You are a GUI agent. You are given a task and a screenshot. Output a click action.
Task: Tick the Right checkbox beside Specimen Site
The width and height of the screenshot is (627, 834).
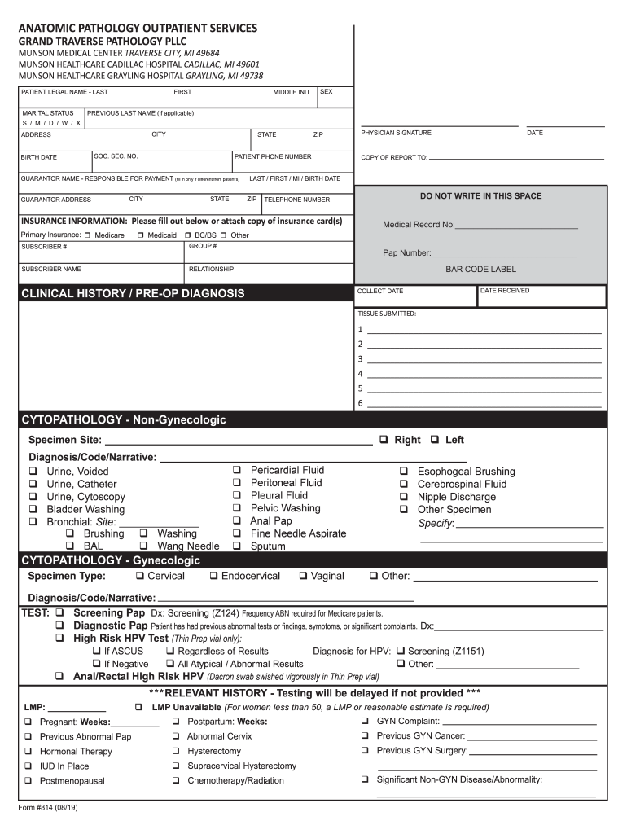384,440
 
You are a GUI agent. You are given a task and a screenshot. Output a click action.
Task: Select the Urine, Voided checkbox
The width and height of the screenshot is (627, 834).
34,472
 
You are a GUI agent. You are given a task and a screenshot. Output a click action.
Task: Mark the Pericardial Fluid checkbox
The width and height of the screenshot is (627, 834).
237,470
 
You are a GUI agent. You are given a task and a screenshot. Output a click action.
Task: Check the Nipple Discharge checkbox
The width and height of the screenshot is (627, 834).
404,497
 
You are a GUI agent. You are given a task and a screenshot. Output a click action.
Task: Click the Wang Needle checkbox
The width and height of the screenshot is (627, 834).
143,546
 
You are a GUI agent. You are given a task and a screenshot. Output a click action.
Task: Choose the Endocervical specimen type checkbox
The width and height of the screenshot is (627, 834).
213,576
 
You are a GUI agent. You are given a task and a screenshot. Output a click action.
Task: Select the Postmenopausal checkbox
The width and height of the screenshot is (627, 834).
28,780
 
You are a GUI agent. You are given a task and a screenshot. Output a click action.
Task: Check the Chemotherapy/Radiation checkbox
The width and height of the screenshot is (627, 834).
177,780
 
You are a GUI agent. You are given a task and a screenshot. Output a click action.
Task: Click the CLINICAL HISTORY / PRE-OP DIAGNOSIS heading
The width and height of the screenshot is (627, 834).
133,293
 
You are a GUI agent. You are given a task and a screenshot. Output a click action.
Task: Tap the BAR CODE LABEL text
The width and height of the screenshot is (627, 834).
480,270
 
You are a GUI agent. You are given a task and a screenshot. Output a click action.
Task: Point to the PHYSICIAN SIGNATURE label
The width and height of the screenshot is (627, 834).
397,133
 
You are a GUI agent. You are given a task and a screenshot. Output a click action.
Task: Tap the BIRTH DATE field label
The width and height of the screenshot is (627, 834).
39,157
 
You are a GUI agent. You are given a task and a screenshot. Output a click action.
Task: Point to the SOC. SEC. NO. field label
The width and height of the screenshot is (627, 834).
116,156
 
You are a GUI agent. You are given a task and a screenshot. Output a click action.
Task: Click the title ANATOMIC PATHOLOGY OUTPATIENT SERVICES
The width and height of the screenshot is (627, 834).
138,29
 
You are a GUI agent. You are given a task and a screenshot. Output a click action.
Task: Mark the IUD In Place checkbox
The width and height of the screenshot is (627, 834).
28,766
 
